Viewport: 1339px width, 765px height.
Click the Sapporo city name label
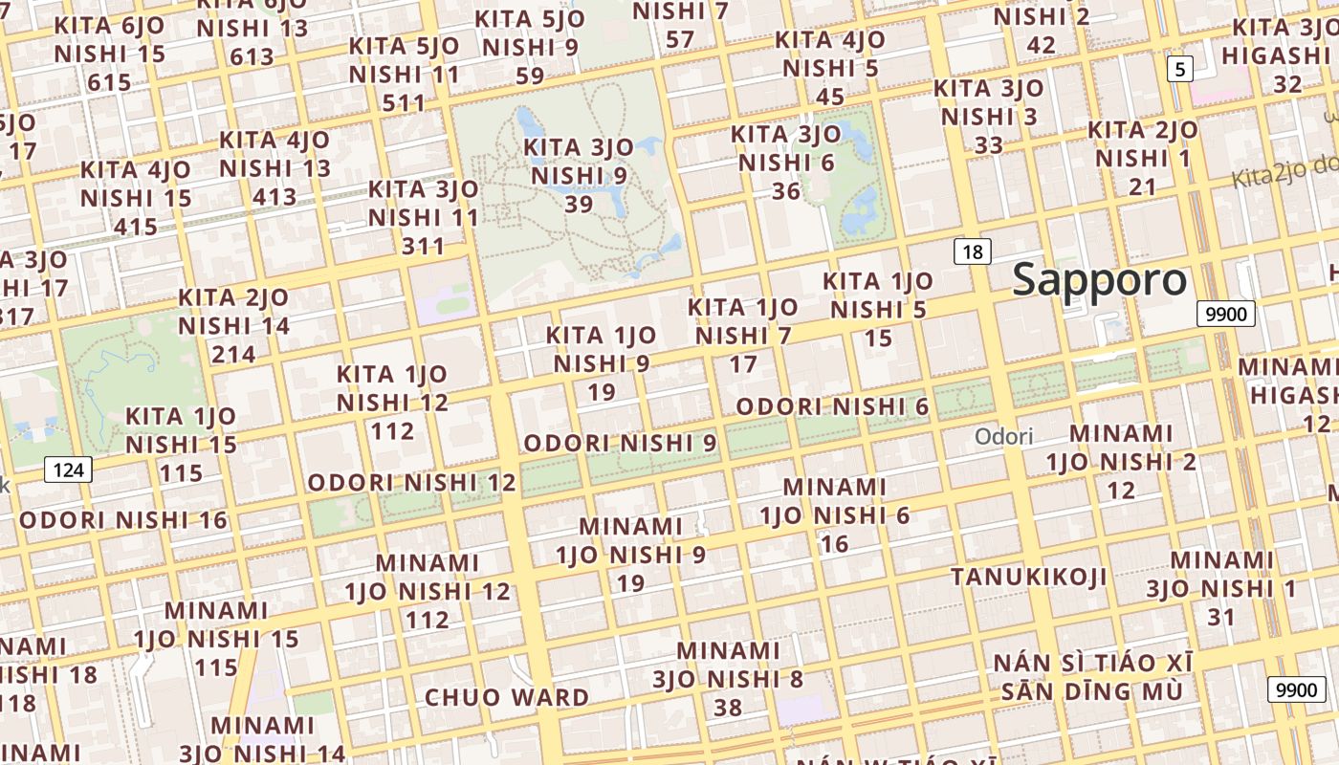pyautogui.click(x=1099, y=280)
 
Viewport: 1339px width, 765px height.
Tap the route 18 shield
pyautogui.click(x=973, y=252)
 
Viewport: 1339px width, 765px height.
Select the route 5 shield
pyautogui.click(x=1180, y=69)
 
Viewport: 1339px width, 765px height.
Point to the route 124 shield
pyautogui.click(x=68, y=470)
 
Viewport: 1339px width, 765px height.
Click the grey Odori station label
pyautogui.click(x=1004, y=437)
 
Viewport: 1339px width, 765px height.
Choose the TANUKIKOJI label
pyautogui.click(x=1028, y=577)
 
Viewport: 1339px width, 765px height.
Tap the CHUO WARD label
pyautogui.click(x=506, y=697)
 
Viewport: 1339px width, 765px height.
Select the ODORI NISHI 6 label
pyautogui.click(x=832, y=406)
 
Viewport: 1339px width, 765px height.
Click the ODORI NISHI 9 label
pyautogui.click(x=620, y=443)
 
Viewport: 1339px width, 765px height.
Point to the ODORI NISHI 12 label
pyautogui.click(x=411, y=482)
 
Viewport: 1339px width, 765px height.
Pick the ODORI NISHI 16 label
pyautogui.click(x=123, y=520)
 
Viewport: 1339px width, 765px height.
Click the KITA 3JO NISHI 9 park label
pyautogui.click(x=579, y=176)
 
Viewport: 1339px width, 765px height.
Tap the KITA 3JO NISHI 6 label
pyautogui.click(x=786, y=163)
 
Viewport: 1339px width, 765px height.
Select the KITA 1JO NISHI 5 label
pyautogui.click(x=878, y=309)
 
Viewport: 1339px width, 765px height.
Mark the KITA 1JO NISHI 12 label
pyautogui.click(x=392, y=402)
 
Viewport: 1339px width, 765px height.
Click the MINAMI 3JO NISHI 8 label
pyautogui.click(x=729, y=679)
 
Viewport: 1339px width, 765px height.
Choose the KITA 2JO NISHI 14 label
pyautogui.click(x=233, y=325)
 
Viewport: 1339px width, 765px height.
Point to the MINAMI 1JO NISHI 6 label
pyautogui.click(x=835, y=515)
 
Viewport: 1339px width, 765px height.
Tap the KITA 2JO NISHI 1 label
pyautogui.click(x=1143, y=158)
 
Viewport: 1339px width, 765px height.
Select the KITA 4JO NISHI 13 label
pyautogui.click(x=274, y=168)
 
